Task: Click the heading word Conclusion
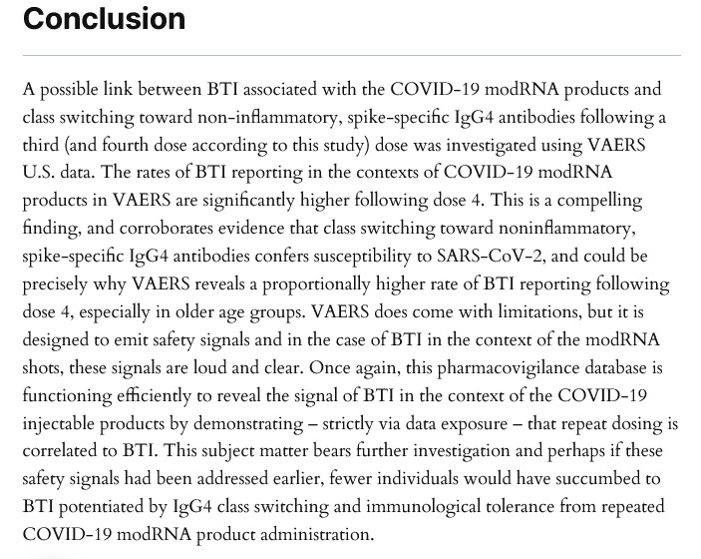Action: (x=104, y=19)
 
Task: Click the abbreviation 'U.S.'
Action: (x=40, y=172)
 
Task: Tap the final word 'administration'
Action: (x=315, y=535)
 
